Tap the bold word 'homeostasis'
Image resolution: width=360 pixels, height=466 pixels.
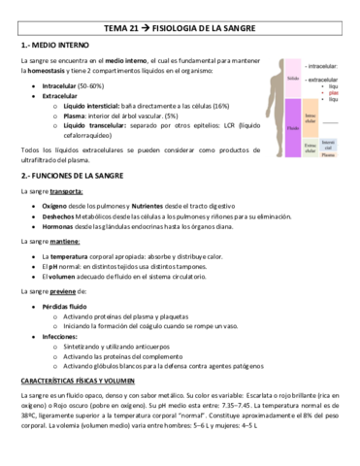(52, 71)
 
